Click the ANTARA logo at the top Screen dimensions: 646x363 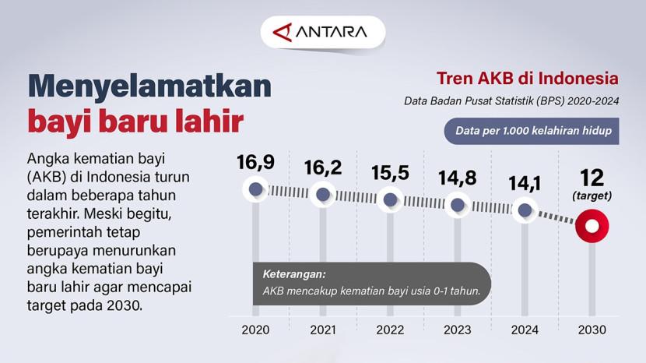pyautogui.click(x=320, y=32)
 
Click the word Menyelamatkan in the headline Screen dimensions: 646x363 pyautogui.click(x=149, y=86)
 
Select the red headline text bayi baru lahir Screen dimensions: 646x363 pyautogui.click(x=135, y=121)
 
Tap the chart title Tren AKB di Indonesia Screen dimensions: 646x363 pyautogui.click(x=528, y=78)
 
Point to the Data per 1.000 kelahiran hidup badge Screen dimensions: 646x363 pyautogui.click(x=532, y=131)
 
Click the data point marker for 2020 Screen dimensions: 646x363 pyautogui.click(x=255, y=189)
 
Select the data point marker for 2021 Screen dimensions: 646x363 pyautogui.click(x=322, y=194)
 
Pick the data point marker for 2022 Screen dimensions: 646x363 pyautogui.click(x=390, y=199)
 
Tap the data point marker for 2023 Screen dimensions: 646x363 pyautogui.click(x=458, y=205)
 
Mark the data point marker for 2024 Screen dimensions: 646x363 pyautogui.click(x=525, y=210)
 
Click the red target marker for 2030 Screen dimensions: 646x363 pyautogui.click(x=592, y=226)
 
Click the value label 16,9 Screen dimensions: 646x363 pyautogui.click(x=255, y=162)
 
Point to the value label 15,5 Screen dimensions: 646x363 pyautogui.click(x=390, y=173)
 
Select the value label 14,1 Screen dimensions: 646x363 pyautogui.click(x=525, y=184)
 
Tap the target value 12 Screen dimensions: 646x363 pyautogui.click(x=592, y=178)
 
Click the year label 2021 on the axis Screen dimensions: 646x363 pyautogui.click(x=323, y=330)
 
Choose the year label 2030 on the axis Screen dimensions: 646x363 pyautogui.click(x=592, y=330)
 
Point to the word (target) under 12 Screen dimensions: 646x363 pyautogui.click(x=592, y=196)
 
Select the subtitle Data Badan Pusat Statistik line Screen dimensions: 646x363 pyautogui.click(x=511, y=101)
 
